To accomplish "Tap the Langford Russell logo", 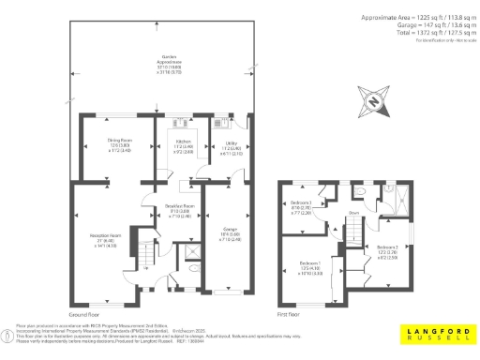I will pyautogui.click(x=436, y=334).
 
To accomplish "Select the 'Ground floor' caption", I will pyautogui.click(x=83, y=314).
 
